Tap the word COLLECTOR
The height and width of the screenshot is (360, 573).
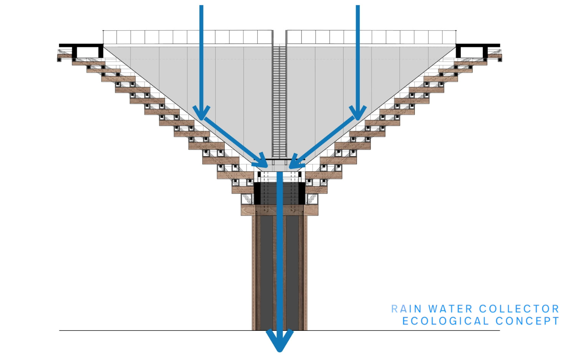pyautogui.click(x=519, y=309)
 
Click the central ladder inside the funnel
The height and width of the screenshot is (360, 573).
pyautogui.click(x=280, y=100)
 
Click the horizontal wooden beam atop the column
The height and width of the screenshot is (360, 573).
pyautogui.click(x=279, y=210)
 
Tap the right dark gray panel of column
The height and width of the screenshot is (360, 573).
pyautogui.click(x=293, y=272)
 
